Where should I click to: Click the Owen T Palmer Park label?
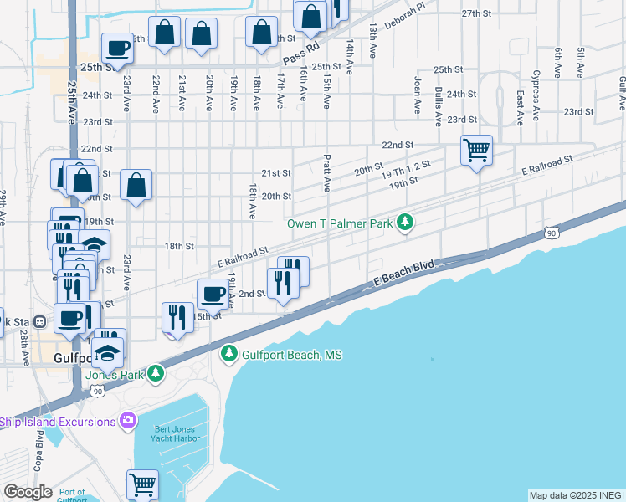coord(340,223)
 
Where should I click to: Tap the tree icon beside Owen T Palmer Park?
coord(405,223)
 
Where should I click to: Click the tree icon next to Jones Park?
coord(156,374)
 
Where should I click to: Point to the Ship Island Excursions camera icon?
coord(128,420)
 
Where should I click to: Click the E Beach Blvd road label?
coord(403,278)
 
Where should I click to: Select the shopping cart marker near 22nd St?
coord(476,151)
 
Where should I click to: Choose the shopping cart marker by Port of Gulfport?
coord(142,484)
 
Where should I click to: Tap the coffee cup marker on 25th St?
coord(117,48)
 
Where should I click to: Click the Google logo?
coord(27,492)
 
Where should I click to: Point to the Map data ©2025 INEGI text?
coord(576,495)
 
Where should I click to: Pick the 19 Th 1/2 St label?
coord(410,169)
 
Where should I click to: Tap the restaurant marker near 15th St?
coord(176,317)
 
